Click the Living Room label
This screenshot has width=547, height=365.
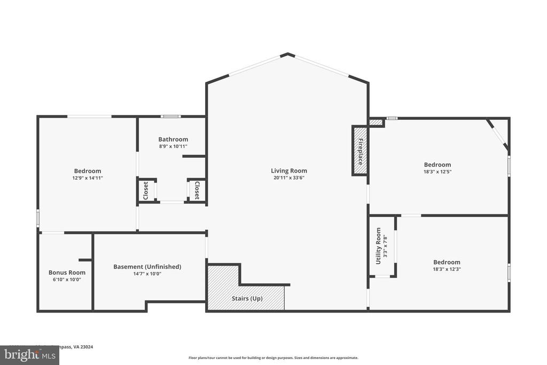[288, 170]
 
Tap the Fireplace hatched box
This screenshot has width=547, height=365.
[360, 151]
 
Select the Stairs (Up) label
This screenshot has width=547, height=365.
[246, 299]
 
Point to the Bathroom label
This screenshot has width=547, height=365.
[173, 139]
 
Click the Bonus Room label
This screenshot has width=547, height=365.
[67, 273]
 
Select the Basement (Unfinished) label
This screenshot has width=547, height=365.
[147, 267]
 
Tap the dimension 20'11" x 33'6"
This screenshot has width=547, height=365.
[288, 178]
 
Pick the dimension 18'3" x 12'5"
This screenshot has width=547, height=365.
[437, 172]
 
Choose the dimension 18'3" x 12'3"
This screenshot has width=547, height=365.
[446, 269]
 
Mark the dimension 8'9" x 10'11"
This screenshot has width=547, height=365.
[173, 146]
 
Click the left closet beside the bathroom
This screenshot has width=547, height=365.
[146, 190]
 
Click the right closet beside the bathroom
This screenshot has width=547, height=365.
[197, 190]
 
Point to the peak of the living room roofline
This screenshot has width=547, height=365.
[288, 54]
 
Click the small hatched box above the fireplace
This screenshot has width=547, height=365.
[376, 122]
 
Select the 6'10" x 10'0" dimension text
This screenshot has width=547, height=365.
[67, 279]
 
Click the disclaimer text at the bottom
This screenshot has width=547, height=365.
[273, 358]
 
